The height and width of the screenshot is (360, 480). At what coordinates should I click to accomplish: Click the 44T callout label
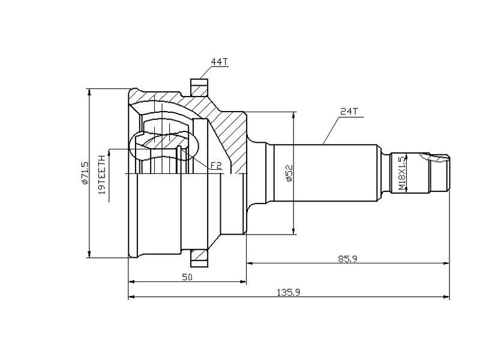point(220,62)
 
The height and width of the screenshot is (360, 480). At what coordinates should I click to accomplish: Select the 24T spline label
point(349,112)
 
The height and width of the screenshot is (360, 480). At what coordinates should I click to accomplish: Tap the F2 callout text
point(216,166)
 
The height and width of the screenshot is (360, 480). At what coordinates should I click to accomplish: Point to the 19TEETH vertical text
point(102,175)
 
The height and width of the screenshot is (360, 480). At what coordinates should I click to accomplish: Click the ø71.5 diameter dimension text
point(85,173)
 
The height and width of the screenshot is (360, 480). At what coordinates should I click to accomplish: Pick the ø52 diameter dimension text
point(289,173)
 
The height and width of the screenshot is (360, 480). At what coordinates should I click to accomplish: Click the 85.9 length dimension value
point(347,259)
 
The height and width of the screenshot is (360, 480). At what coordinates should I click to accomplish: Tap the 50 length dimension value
point(187,277)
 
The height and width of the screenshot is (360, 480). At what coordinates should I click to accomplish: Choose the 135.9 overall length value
point(289,293)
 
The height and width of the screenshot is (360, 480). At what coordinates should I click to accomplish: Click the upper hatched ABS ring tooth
point(199,88)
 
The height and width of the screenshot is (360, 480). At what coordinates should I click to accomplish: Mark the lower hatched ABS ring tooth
point(199,258)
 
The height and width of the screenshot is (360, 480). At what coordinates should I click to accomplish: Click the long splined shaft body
point(325,173)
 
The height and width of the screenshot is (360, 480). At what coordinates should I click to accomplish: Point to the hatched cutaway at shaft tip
point(435,158)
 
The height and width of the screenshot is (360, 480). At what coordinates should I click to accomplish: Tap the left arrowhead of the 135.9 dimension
point(131,296)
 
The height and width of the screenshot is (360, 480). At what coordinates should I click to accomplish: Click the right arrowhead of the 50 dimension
point(243,281)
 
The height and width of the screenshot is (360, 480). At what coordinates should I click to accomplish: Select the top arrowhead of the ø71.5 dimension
point(89,92)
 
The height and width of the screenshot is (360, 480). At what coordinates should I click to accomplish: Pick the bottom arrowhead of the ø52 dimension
point(294,231)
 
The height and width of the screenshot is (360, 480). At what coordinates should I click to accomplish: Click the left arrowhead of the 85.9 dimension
point(250,263)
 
